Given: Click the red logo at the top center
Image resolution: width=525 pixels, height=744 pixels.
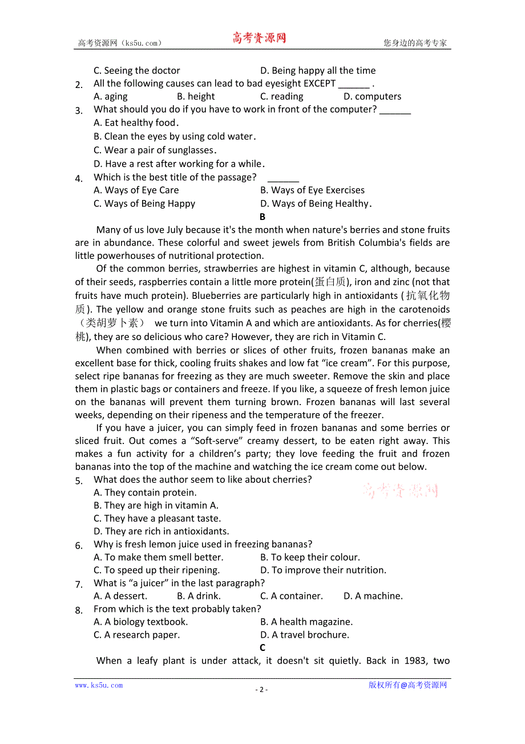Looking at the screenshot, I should pos(259,38).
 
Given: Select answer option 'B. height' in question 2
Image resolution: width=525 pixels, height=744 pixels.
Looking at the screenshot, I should pos(196,97).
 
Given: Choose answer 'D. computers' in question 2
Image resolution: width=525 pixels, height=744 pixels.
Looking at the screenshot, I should pos(372,97).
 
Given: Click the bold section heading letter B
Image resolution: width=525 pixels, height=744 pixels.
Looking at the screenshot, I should pos(262,217).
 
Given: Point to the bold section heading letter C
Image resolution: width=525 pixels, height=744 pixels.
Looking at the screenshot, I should pos(262,647).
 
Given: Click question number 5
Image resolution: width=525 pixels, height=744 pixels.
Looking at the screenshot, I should pos(79,481).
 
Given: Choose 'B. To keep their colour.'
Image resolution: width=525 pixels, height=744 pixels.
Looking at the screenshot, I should pos(310,557).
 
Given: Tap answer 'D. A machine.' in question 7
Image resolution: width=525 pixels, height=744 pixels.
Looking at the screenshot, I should pos(373,596).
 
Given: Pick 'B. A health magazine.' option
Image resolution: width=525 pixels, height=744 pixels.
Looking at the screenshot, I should pos(306,622).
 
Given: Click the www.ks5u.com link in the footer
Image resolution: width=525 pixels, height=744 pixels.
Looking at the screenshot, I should pos(99,685).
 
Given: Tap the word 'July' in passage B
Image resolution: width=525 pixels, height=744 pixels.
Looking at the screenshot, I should pos(156,230).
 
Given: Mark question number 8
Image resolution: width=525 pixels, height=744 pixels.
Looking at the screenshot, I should pos(79,610).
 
